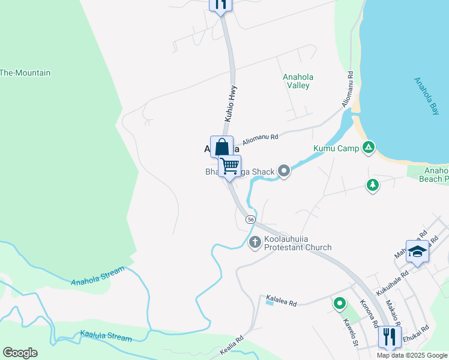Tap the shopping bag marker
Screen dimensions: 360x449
tap(221, 146)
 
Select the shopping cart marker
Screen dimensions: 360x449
tap(229, 166)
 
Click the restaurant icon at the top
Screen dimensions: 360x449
tap(220, 4)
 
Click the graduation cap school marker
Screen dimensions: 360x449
tap(417, 251)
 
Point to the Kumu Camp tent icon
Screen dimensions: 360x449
tap(369, 148)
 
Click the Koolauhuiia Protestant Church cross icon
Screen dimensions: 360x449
tap(255, 242)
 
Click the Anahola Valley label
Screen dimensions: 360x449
tap(298, 81)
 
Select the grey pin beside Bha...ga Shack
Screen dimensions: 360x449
tap(285, 172)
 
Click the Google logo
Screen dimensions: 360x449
tap(20, 353)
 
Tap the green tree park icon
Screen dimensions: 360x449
tap(373, 185)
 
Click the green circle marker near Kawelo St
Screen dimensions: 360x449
tap(339, 305)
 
